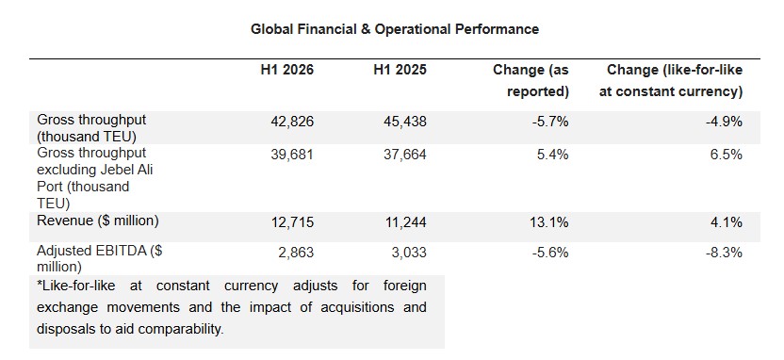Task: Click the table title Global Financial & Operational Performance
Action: coord(395,29)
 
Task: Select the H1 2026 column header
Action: coord(287,70)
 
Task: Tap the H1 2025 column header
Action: coord(400,70)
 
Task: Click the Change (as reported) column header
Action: coord(531,80)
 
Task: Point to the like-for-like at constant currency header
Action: coord(671,80)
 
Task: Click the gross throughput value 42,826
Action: coord(291,121)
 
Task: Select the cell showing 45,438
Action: coord(404,121)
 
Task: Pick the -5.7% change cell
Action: coord(550,121)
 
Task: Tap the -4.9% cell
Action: coord(724,121)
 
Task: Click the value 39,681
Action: coord(291,155)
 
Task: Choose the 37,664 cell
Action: coord(404,155)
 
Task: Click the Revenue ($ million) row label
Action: coord(97,221)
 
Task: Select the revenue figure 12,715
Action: coord(291,221)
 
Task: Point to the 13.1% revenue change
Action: coord(550,221)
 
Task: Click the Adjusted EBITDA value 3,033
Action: coord(409,253)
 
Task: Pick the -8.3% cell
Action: coord(724,253)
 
